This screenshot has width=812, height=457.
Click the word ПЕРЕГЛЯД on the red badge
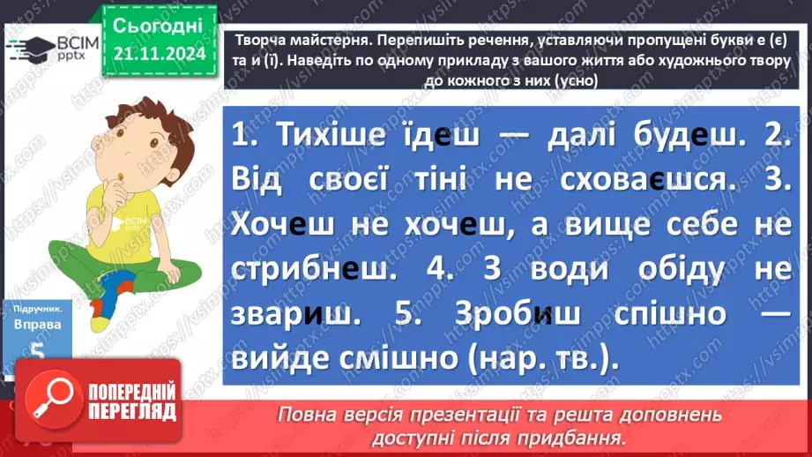coord(128,412)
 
